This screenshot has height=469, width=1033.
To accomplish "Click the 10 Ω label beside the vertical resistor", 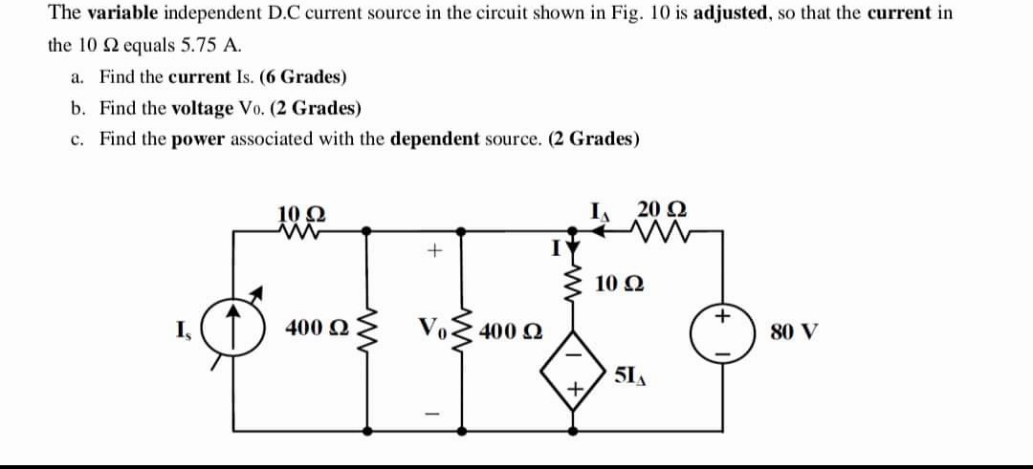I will click(x=618, y=284).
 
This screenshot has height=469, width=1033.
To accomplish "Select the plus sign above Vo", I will click(x=432, y=251).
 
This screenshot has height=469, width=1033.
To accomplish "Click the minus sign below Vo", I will click(x=432, y=414).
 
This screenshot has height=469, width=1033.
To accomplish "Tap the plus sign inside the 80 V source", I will click(x=724, y=313).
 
